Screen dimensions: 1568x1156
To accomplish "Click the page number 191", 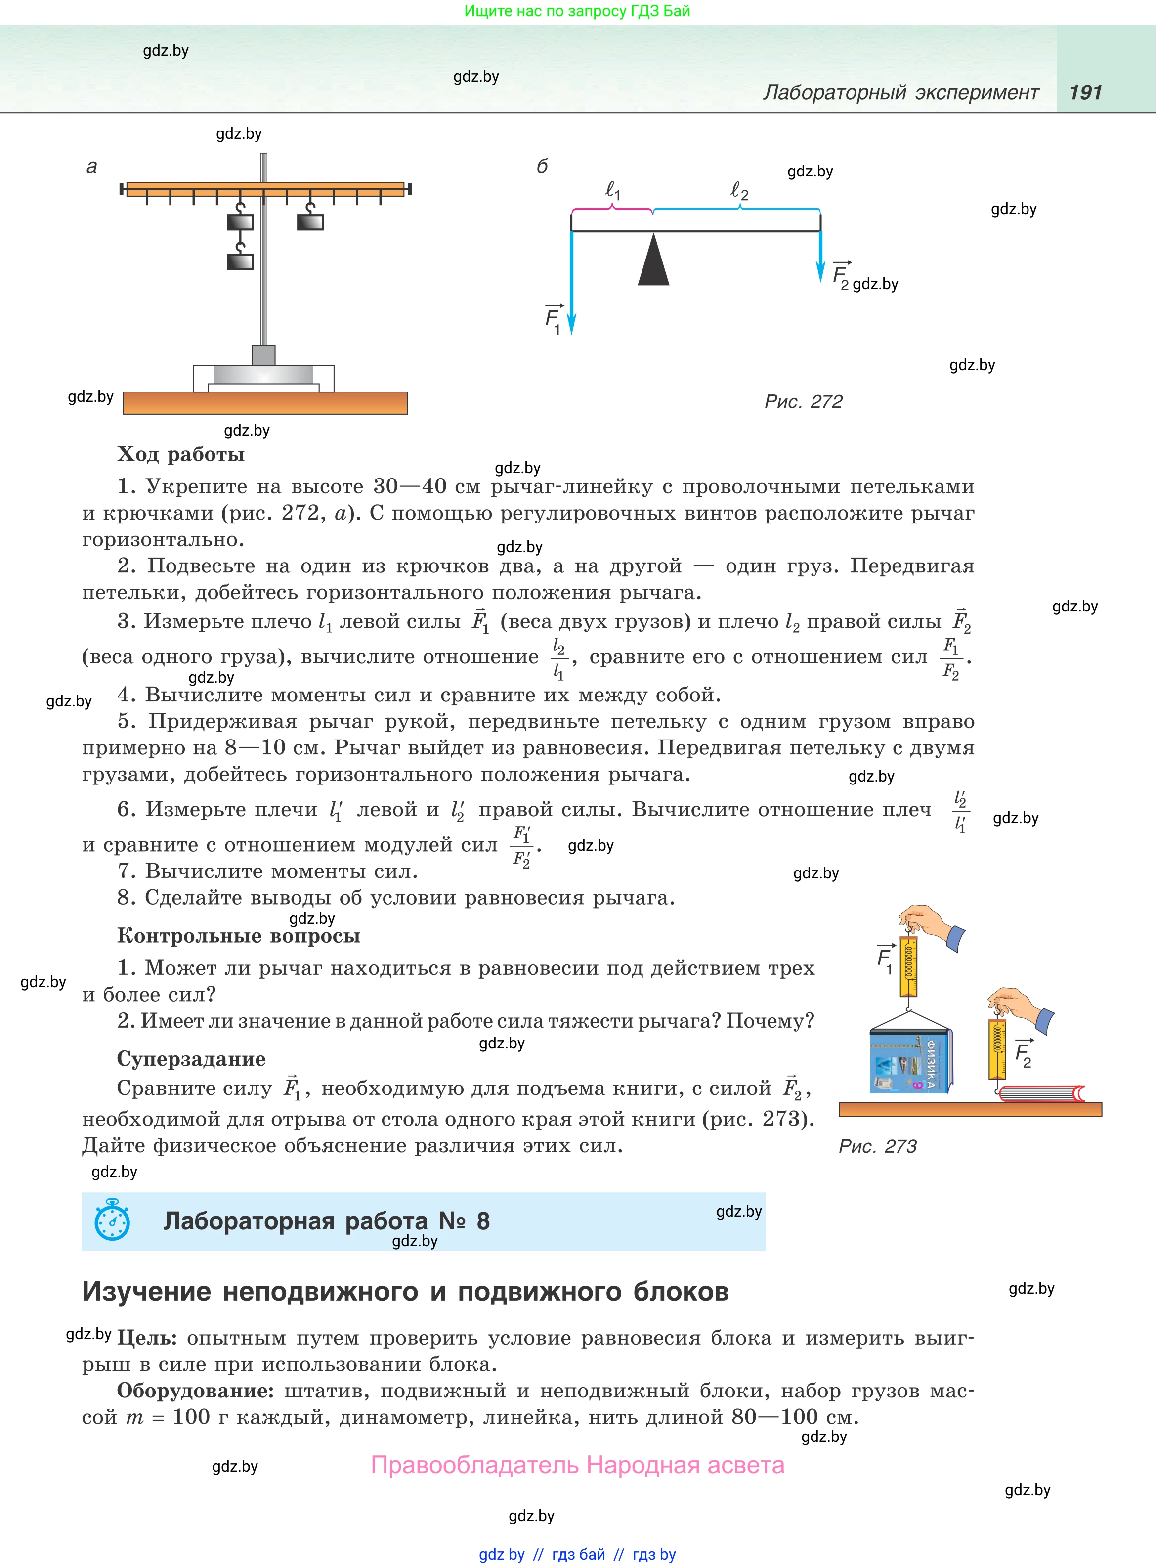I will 1085,92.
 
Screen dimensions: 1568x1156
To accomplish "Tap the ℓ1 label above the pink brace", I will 613,190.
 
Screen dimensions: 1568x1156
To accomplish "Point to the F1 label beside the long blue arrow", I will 554,318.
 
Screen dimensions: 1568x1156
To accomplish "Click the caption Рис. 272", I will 803,401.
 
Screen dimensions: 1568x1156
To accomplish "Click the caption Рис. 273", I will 877,1146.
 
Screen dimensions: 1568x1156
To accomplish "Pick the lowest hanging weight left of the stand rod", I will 240,261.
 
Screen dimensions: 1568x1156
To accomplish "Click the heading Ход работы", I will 180,454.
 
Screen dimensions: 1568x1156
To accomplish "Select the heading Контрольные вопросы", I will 239,935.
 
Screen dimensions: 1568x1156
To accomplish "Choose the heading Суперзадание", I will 191,1059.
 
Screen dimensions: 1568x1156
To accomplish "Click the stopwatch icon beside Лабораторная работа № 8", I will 112,1220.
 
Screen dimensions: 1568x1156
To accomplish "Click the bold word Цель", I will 146,1338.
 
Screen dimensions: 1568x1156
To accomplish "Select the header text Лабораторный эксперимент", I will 900,92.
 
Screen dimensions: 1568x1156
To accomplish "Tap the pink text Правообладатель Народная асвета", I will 577,1465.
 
